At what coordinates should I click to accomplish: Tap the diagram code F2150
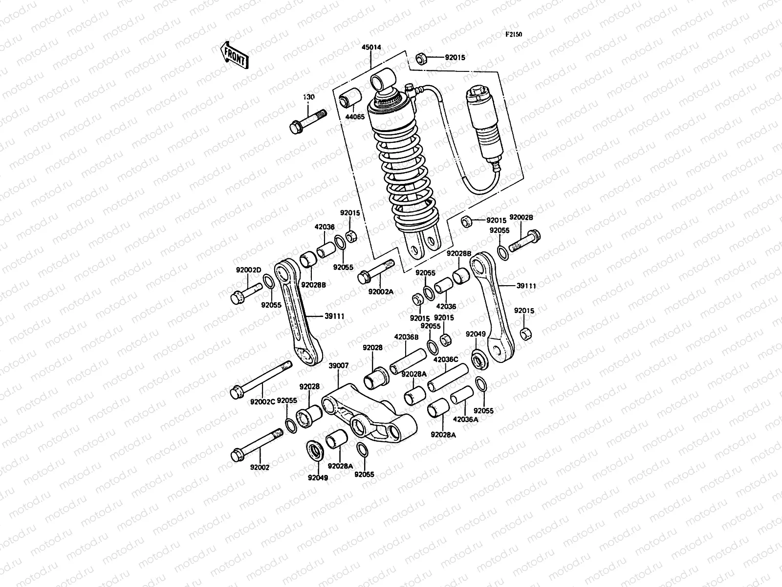514,35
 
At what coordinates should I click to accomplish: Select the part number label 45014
371,48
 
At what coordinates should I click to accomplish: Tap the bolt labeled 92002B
525,243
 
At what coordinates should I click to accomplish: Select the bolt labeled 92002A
376,271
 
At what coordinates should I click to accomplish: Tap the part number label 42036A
466,419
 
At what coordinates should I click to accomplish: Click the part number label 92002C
263,402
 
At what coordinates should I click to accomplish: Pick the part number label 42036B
407,337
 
